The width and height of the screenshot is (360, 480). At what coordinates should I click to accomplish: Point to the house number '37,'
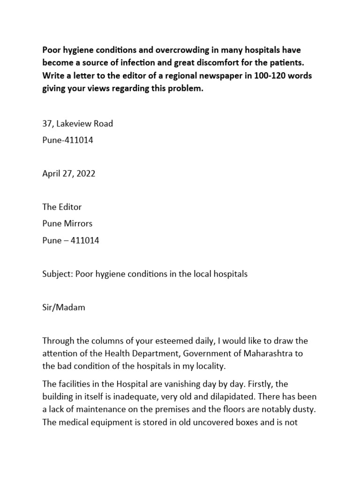point(48,124)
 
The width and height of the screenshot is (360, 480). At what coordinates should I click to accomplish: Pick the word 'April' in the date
point(52,173)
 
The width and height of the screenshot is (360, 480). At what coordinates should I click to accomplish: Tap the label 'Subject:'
point(58,274)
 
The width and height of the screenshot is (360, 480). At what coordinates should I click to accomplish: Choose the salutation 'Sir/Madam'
point(64,307)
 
